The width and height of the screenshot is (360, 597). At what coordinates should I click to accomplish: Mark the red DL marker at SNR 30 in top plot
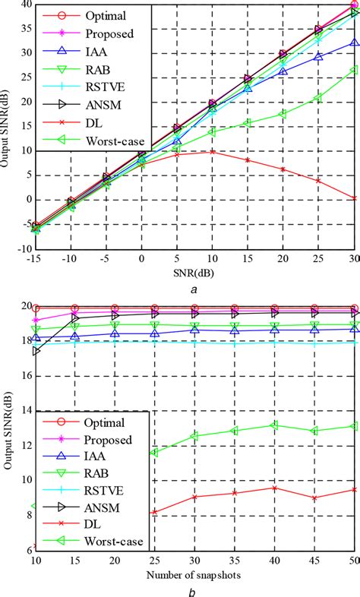tap(355, 197)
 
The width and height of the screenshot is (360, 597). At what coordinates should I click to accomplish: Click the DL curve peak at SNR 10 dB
tap(213, 151)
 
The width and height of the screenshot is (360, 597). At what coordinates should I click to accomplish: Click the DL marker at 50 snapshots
tap(355, 490)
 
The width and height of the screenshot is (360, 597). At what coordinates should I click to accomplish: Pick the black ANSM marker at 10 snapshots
tap(36, 352)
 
